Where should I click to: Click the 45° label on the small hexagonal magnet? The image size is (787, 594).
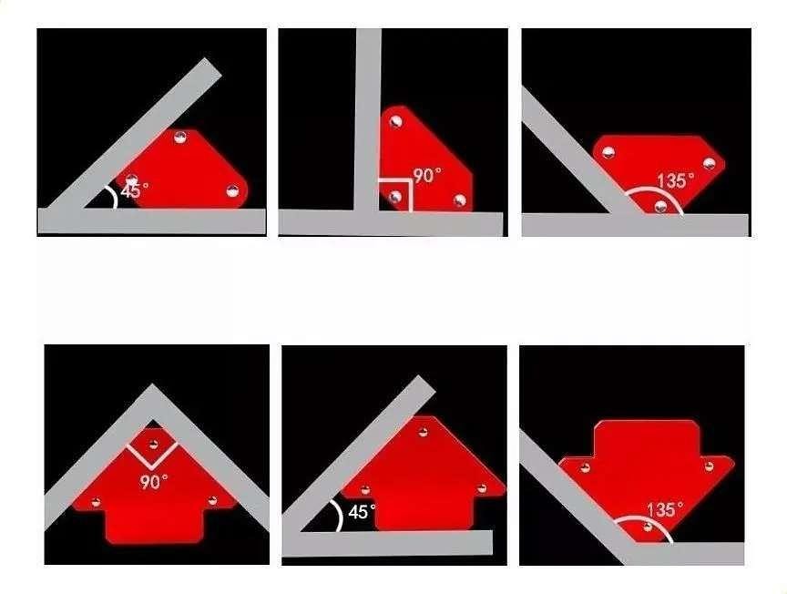(135, 189)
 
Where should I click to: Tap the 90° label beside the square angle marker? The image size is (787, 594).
(427, 175)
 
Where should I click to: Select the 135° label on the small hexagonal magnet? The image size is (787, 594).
(676, 180)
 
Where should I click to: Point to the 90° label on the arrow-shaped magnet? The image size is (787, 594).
(154, 482)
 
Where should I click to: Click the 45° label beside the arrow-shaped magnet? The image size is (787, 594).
(362, 512)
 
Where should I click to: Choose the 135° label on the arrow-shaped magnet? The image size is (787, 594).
(665, 509)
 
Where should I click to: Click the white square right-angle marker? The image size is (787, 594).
(396, 194)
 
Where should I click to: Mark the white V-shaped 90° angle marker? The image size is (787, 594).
(151, 456)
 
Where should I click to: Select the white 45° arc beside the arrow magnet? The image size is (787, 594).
(338, 515)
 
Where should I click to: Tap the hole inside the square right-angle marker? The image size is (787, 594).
(395, 197)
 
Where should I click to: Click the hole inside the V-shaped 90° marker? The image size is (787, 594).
(154, 444)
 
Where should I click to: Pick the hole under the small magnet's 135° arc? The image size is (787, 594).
(661, 205)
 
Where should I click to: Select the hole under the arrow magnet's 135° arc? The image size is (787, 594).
(648, 527)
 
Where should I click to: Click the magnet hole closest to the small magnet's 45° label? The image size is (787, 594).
(131, 179)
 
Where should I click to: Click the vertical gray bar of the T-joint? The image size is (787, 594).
(368, 119)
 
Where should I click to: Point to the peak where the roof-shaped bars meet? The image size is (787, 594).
(153, 385)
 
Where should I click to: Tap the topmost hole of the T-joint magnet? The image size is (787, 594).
(396, 121)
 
